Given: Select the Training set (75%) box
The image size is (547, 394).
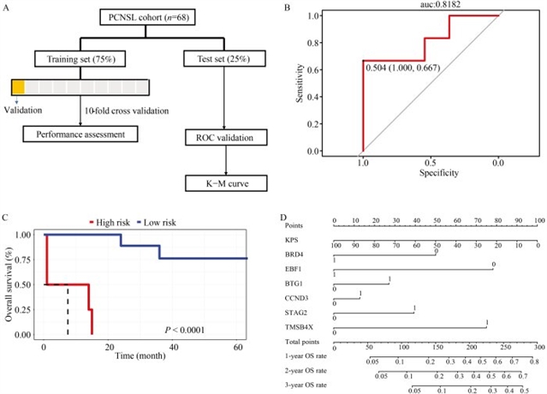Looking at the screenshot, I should pyautogui.click(x=79, y=59).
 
